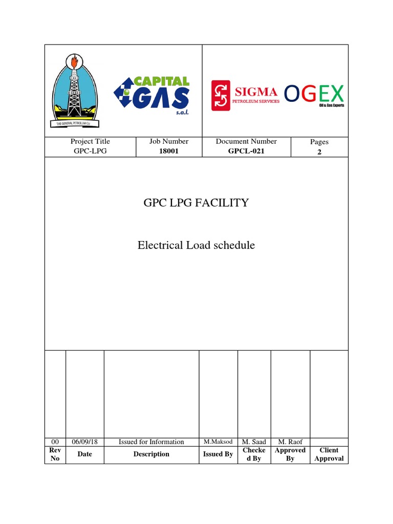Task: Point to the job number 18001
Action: tap(168, 151)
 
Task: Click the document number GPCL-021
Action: tap(246, 151)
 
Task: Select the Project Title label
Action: tap(90, 141)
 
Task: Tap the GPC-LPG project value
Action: tap(90, 151)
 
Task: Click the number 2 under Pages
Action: tap(319, 152)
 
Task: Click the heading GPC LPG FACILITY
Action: tap(196, 203)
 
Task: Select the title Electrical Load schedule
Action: tap(196, 246)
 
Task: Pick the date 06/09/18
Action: tap(84, 442)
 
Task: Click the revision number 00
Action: tap(55, 442)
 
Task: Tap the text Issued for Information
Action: tap(151, 442)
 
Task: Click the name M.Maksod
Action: tap(218, 442)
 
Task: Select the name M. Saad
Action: tap(254, 442)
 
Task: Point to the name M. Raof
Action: tap(290, 442)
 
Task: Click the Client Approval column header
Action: tap(329, 454)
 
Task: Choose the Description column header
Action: tap(151, 454)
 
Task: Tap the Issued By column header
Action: tap(218, 454)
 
